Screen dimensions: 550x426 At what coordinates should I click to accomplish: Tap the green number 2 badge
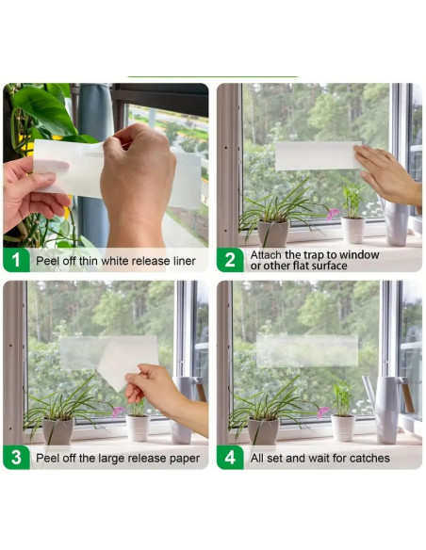tap(231, 260)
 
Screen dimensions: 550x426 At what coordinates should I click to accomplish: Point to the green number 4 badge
tap(231, 458)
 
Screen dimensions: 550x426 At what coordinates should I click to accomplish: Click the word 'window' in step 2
tap(362, 254)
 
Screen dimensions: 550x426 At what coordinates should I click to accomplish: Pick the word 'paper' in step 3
tap(182, 459)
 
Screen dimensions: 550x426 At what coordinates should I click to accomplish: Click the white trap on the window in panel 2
tap(317, 155)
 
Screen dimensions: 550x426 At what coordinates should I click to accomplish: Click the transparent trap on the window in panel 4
tap(307, 351)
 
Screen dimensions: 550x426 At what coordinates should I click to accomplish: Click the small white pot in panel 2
tap(353, 229)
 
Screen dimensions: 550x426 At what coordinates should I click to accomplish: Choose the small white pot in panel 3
tap(139, 428)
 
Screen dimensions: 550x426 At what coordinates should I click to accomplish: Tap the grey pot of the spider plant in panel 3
tap(57, 430)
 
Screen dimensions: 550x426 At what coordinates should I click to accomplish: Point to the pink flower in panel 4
tap(322, 412)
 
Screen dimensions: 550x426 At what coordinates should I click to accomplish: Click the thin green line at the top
tap(212, 76)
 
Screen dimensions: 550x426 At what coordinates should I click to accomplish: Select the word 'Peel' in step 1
tap(49, 261)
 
